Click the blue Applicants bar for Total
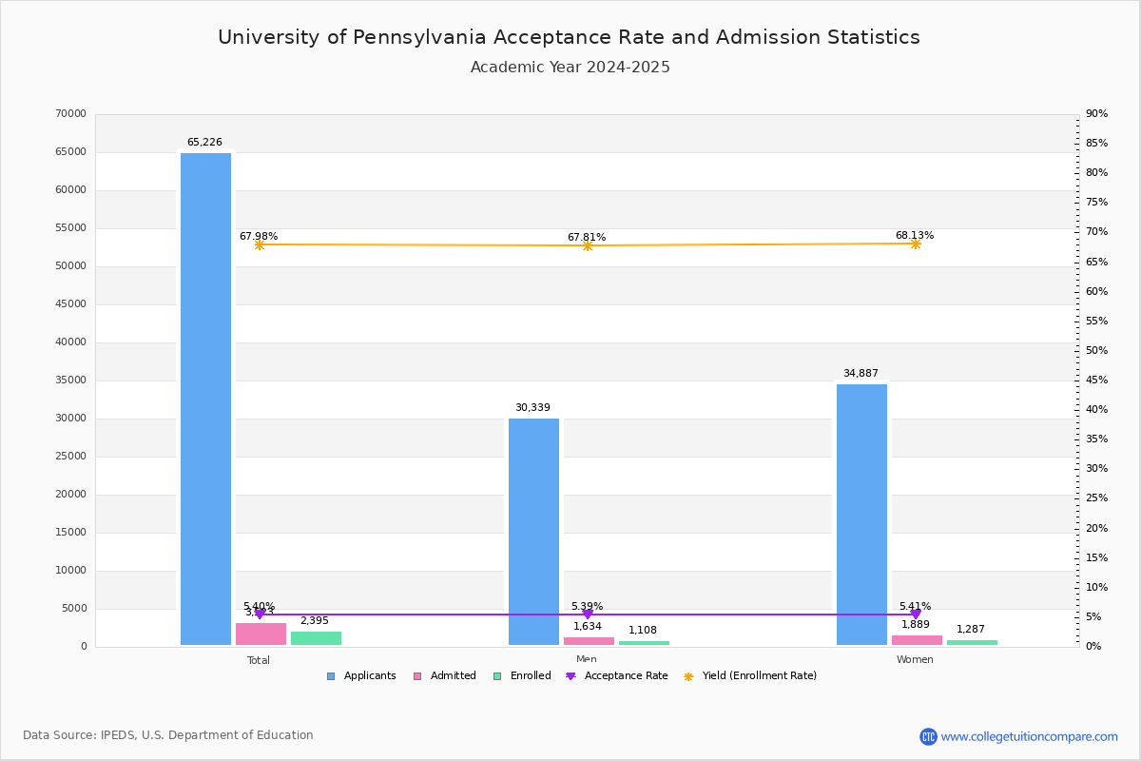tap(205, 400)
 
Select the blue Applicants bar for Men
tap(533, 532)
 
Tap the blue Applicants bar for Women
tap(861, 515)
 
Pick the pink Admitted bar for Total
tap(261, 634)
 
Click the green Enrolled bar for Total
tap(316, 638)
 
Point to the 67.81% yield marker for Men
tap(588, 245)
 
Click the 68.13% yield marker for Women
tap(916, 244)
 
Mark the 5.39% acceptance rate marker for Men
tap(588, 615)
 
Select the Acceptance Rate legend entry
tap(617, 676)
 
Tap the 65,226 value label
tap(204, 143)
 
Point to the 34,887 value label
tap(861, 374)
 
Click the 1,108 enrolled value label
tap(643, 631)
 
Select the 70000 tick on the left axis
tap(71, 114)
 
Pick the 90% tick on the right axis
tap(1096, 114)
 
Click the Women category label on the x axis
tap(915, 660)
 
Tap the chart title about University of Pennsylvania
tap(569, 37)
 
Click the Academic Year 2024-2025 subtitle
tap(570, 68)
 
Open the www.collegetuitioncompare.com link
tap(1029, 736)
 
